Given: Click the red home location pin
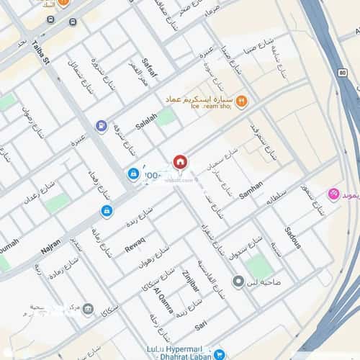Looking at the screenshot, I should pyautogui.click(x=180, y=162).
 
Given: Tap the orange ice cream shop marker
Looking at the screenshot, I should pyautogui.click(x=242, y=102).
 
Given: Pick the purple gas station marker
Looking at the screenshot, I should pyautogui.click(x=102, y=126).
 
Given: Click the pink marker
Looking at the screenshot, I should pyautogui.click(x=333, y=194).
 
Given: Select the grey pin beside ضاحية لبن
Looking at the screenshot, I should pyautogui.click(x=238, y=280).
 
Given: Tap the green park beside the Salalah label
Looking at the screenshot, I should pyautogui.click(x=166, y=117).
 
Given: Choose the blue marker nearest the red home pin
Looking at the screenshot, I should pyautogui.click(x=134, y=174).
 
